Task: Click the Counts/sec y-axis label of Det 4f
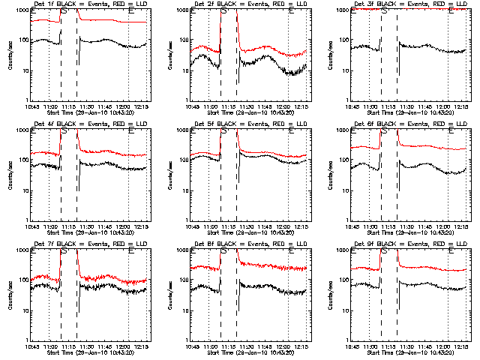pyautogui.click(x=9, y=175)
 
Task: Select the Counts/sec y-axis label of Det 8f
pyautogui.click(x=169, y=295)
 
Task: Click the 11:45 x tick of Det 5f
pyautogui.click(x=265, y=226)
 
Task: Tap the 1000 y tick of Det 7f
pyautogui.click(x=22, y=250)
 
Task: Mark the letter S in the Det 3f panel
pyautogui.click(x=384, y=12)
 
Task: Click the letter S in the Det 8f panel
pyautogui.click(x=223, y=252)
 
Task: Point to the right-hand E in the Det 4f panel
pyautogui.click(x=133, y=132)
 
